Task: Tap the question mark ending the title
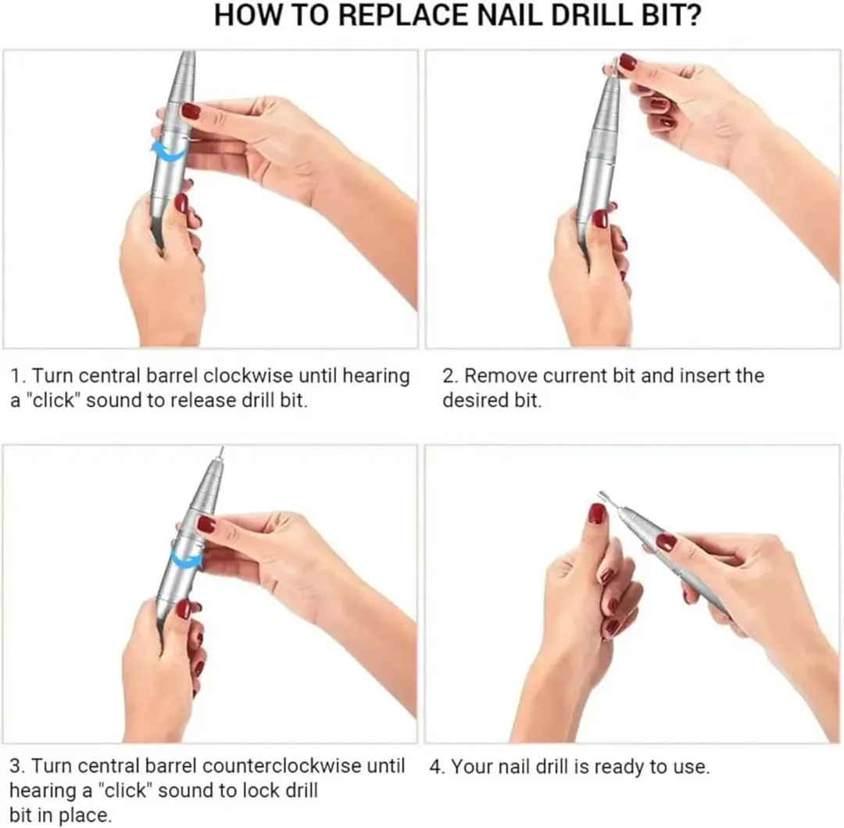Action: pos(693,15)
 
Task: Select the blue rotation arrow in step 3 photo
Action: pos(187,556)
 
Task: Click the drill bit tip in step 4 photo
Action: pos(601,494)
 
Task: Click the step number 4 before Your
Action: pos(436,767)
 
